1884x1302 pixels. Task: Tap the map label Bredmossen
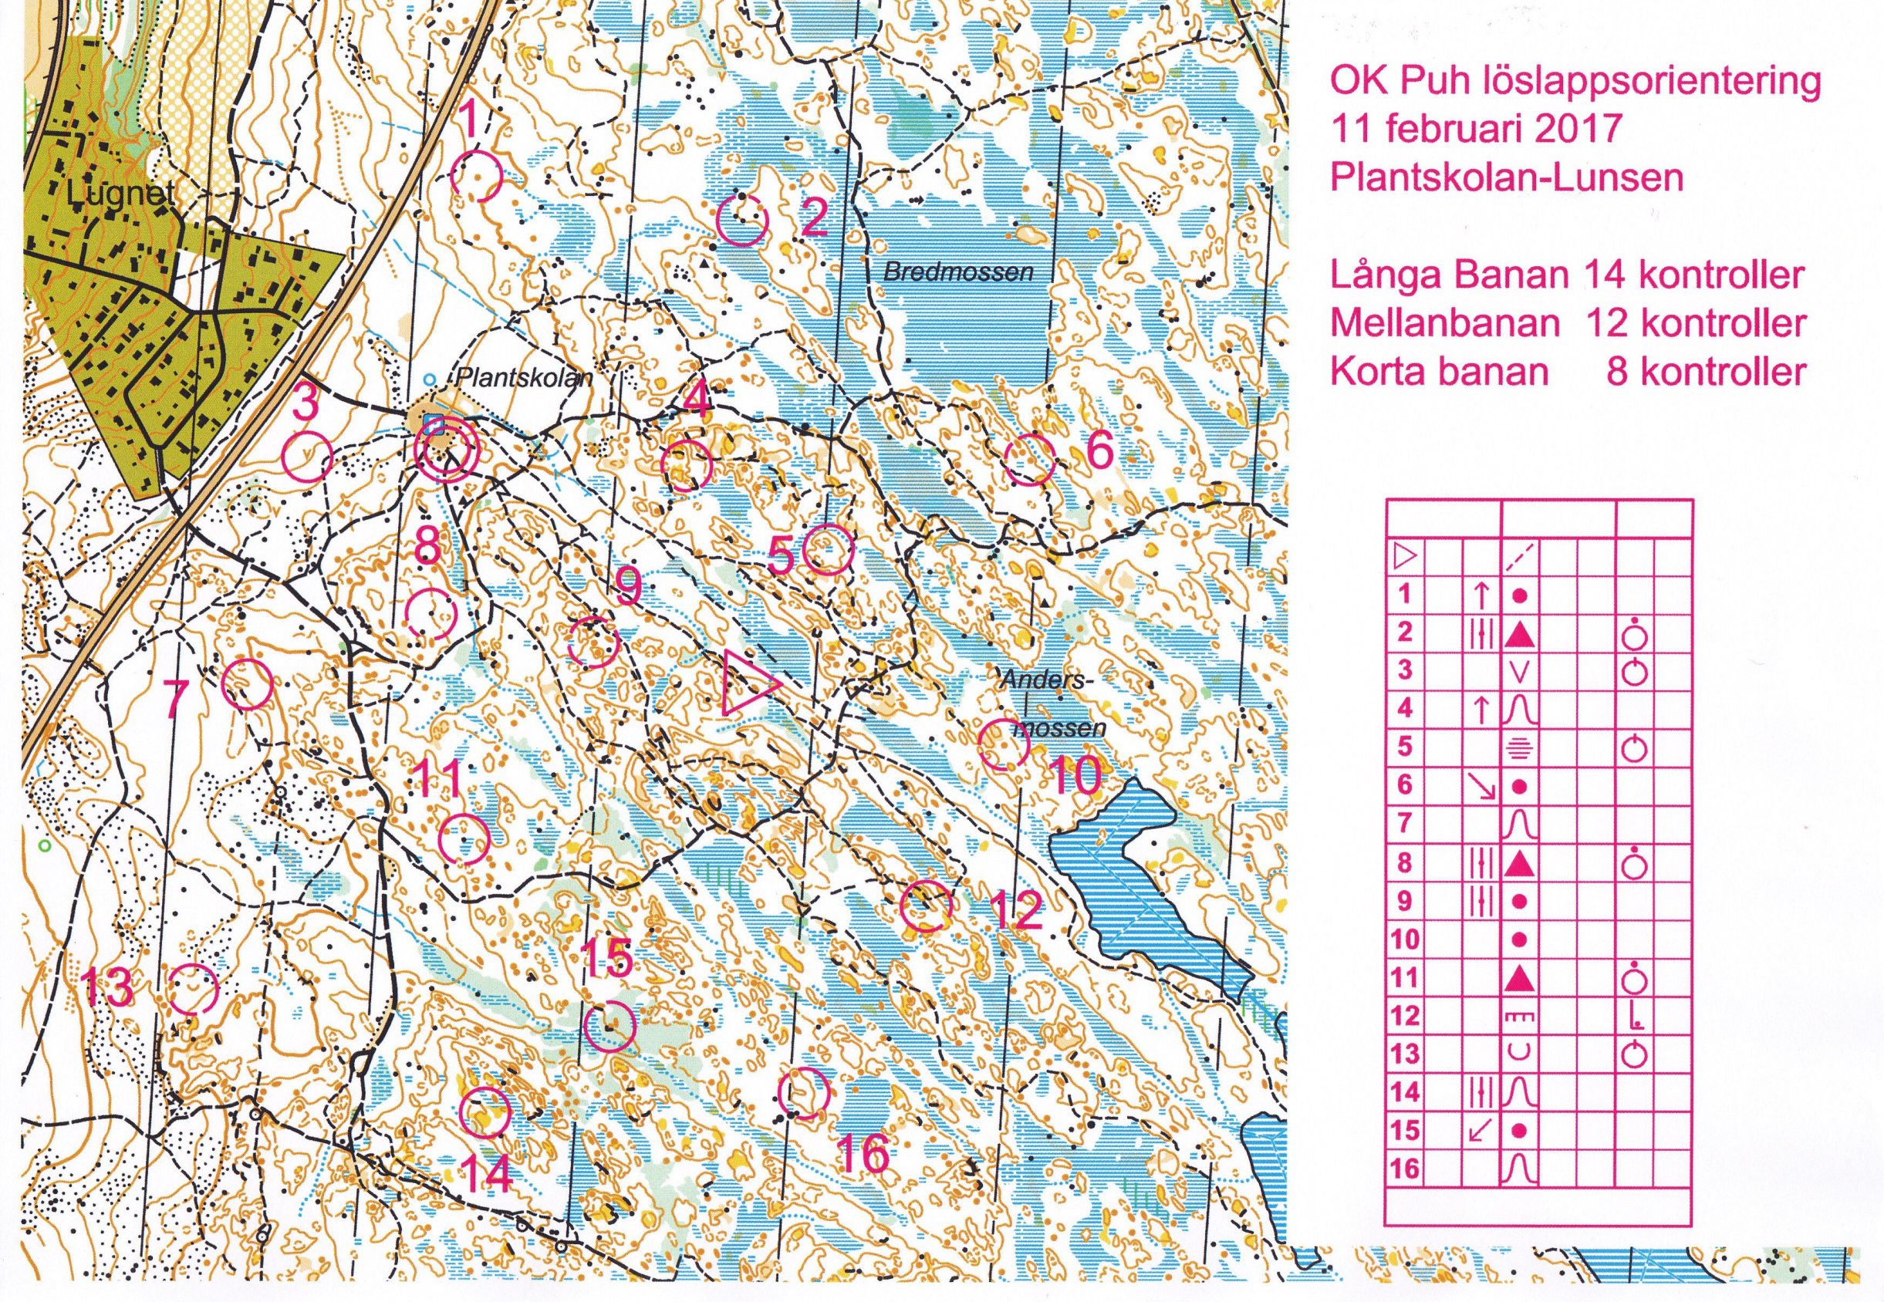pos(958,273)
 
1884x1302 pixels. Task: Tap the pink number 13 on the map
pos(109,989)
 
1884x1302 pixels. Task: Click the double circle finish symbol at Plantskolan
pos(445,454)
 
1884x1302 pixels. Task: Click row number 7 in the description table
pos(1404,824)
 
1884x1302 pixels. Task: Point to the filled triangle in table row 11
pos(1519,978)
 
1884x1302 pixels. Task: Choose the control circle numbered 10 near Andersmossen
pos(1003,744)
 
